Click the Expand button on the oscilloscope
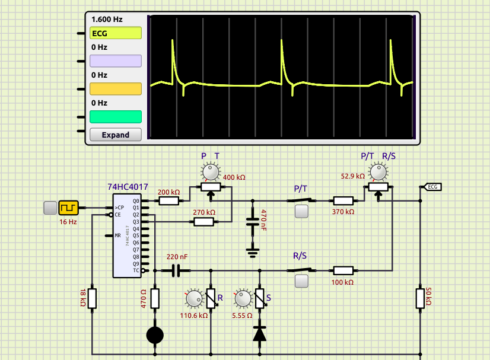click(116, 135)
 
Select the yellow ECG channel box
click(116, 33)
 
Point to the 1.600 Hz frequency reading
click(107, 20)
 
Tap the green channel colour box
click(116, 117)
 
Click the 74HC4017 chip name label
click(128, 187)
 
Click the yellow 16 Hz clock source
click(68, 208)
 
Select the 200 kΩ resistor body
click(168, 201)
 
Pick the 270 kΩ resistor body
click(203, 222)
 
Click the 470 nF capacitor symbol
click(253, 222)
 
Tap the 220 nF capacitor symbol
click(176, 270)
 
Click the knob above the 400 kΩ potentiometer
click(211, 171)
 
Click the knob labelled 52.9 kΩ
click(378, 171)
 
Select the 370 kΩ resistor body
click(343, 201)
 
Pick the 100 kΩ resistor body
click(343, 270)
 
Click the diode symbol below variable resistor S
click(260, 334)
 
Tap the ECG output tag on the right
click(432, 187)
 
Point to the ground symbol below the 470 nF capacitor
click(253, 253)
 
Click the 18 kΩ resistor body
click(92, 299)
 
